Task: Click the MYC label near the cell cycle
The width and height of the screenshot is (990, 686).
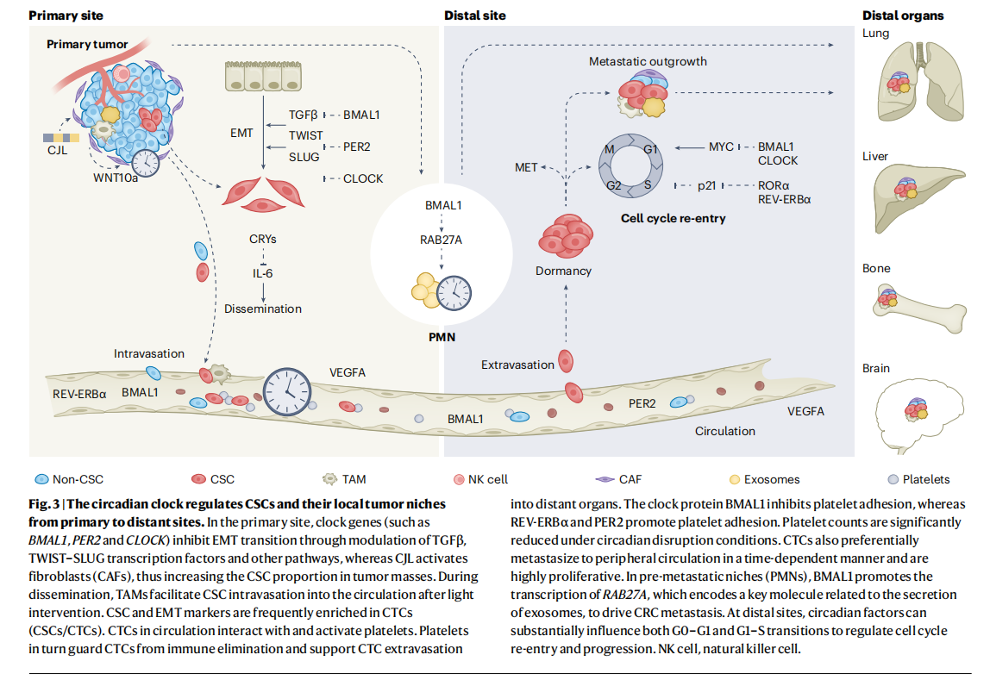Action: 721,147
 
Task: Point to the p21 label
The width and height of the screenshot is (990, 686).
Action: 707,186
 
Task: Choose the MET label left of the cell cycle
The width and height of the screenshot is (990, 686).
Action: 526,167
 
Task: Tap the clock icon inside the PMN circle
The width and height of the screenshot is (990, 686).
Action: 453,293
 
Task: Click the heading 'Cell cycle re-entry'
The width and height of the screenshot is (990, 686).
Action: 674,218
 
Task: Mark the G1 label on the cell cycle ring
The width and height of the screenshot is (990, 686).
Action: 649,149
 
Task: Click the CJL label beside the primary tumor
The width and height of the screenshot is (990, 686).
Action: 57,152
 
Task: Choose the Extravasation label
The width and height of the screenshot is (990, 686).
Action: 517,365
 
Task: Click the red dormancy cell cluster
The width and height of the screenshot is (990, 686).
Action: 565,237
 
